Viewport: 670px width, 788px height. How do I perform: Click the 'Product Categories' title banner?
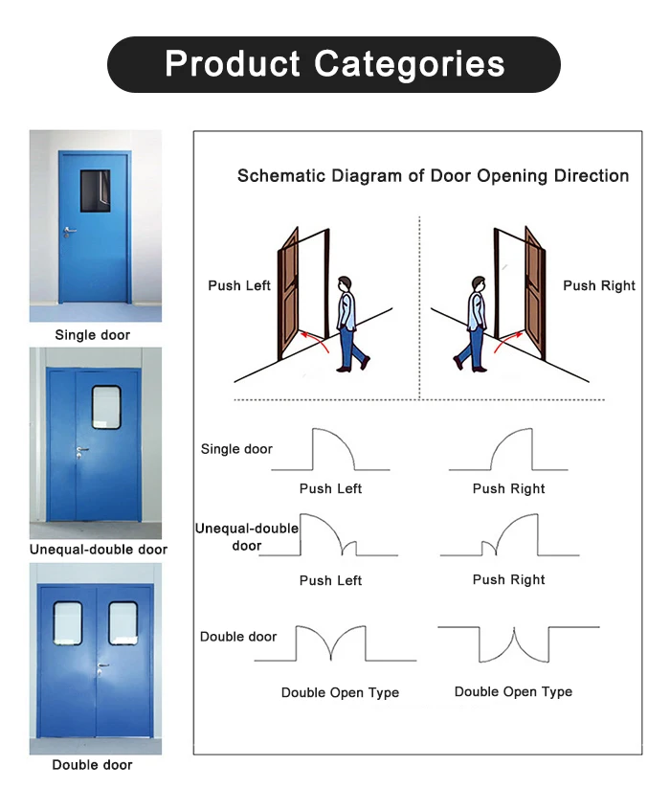(334, 64)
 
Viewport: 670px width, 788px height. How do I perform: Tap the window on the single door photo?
(95, 190)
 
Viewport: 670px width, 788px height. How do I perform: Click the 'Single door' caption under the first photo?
(92, 335)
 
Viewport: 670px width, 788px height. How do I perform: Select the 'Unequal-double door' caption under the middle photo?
(99, 550)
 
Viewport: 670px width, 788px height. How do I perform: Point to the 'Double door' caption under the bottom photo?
(92, 765)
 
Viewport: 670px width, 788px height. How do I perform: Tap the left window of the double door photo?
(68, 622)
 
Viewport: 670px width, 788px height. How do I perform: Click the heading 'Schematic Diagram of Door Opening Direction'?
(433, 176)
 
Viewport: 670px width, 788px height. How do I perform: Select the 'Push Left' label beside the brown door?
(239, 285)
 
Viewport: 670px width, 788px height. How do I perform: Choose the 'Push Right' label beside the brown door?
(599, 285)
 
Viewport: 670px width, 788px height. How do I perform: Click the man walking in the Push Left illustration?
(352, 324)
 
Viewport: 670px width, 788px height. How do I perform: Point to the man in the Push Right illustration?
(472, 324)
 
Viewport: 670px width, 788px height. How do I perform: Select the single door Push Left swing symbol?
(332, 450)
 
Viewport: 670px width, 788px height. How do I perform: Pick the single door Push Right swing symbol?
(508, 450)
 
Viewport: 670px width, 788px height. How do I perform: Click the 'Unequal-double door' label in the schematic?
(247, 537)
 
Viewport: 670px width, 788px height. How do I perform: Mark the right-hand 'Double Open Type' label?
(513, 691)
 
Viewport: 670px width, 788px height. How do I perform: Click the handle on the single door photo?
(69, 231)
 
